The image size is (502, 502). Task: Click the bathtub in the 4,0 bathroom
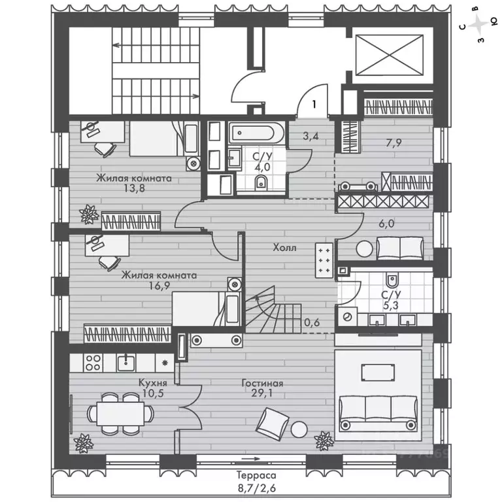256,133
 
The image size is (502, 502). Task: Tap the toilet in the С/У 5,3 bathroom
392,280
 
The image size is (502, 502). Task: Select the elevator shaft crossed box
390,55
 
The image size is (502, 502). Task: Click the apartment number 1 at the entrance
314,104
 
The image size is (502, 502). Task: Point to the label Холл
284,248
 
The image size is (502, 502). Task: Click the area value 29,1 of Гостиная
262,393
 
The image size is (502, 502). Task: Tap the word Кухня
153,382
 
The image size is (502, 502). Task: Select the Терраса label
256,475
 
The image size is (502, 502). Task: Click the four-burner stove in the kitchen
93,363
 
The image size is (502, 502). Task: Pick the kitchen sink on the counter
126,363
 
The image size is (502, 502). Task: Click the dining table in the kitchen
120,414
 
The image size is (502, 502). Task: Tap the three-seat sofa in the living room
378,412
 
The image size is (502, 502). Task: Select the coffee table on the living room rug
378,373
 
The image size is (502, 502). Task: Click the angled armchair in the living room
273,424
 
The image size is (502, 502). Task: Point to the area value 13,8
135,188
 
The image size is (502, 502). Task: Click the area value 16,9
159,285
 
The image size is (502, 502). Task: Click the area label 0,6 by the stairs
312,322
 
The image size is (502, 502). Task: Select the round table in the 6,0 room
364,248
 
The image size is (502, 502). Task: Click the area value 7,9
393,142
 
